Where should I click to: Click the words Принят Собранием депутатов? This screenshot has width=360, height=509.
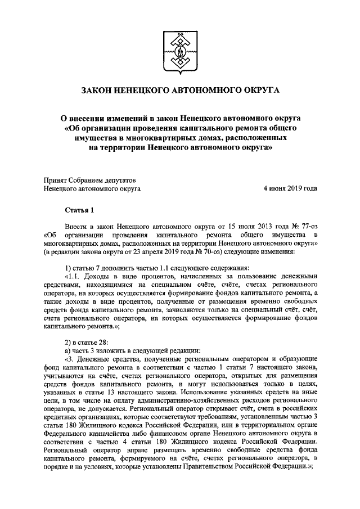(x=89, y=180)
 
